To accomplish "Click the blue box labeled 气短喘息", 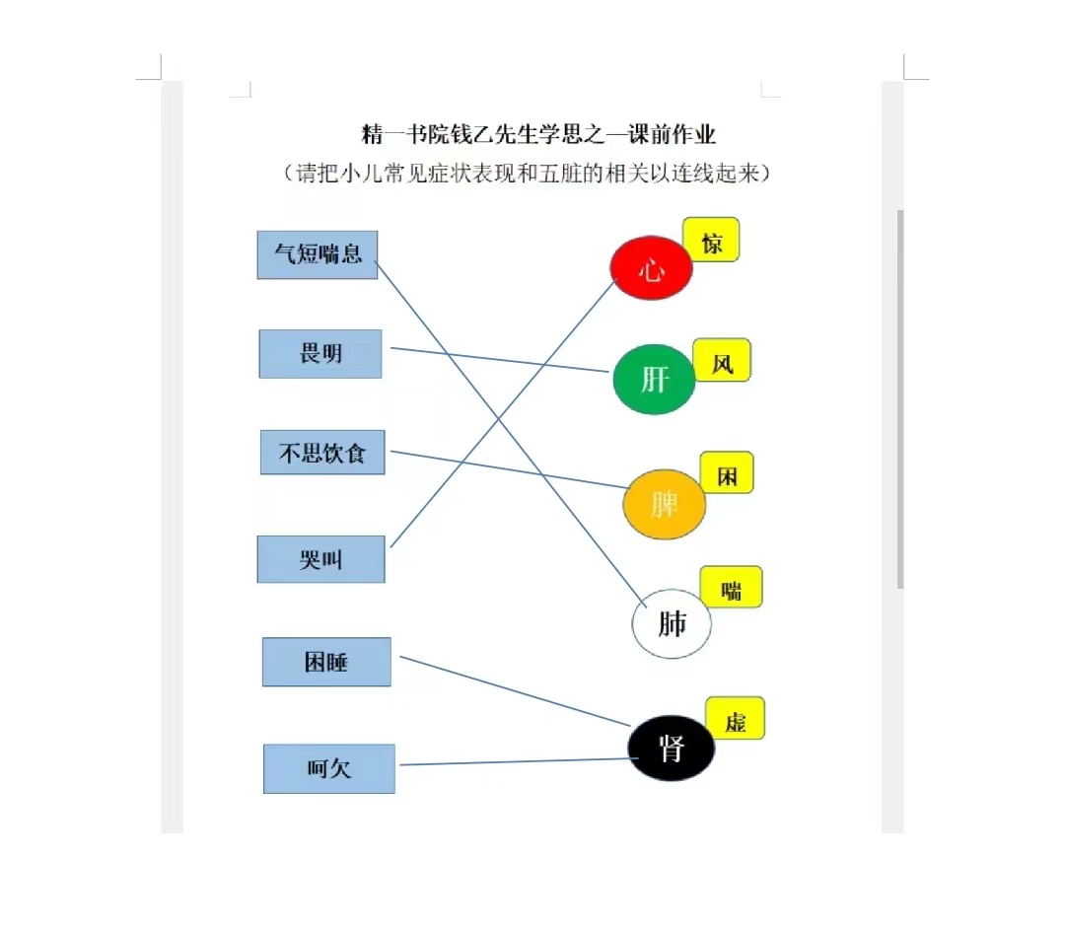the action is [318, 254].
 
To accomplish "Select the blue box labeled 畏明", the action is [320, 354].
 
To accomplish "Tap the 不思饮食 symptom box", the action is [322, 453].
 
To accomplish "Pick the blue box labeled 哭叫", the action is [321, 559].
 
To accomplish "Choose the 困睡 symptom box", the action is [326, 662].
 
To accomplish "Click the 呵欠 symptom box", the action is [329, 769].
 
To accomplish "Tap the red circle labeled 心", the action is [652, 268].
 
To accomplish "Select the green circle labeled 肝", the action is [654, 380].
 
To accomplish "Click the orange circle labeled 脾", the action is [665, 504].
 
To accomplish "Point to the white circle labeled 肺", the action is [672, 623].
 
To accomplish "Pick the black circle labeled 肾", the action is [672, 748].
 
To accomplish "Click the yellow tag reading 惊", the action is [711, 240].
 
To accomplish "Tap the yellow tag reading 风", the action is [722, 360].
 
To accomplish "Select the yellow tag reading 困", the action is [727, 472].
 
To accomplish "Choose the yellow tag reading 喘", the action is [732, 586].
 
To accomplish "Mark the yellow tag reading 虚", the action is [736, 718].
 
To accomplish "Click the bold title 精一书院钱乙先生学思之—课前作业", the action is [538, 134].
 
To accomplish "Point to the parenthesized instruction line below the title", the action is [527, 174].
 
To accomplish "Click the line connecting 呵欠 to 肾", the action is [519, 761].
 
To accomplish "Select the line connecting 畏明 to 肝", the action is [499, 360].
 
